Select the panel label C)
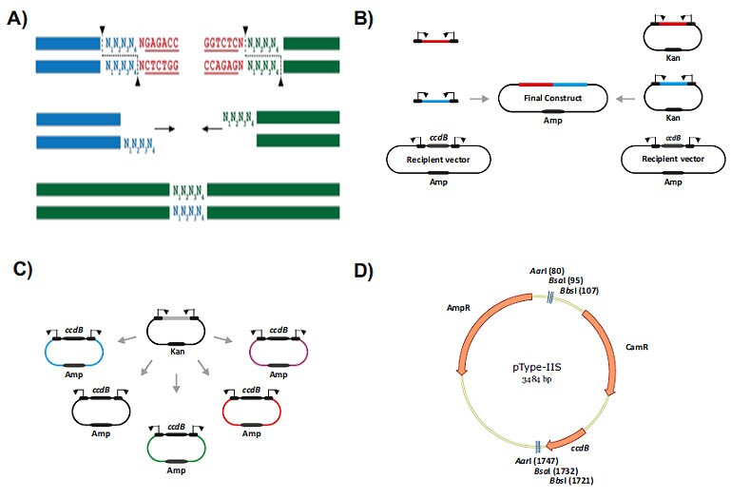16,269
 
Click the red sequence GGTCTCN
225,43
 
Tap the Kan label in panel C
176,351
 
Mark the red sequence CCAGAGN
225,67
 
